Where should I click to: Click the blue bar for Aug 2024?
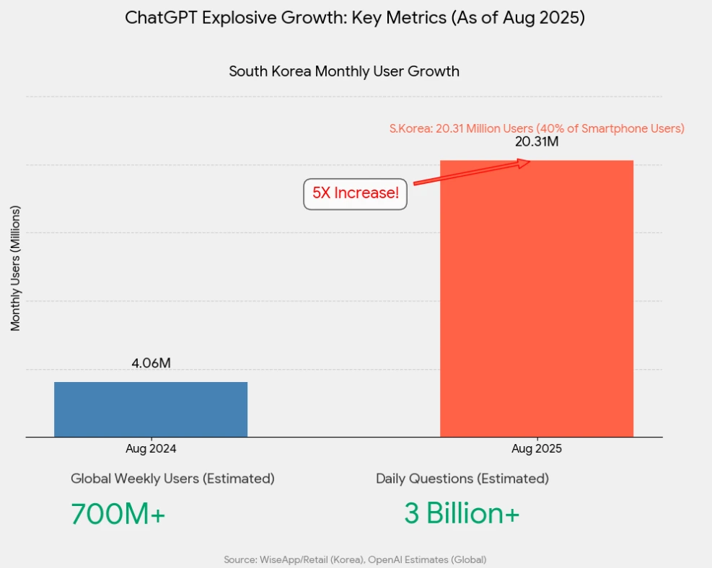pos(151,409)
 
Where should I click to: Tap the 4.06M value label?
pos(151,363)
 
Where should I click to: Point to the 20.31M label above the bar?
pos(537,142)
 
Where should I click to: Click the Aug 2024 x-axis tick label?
pos(151,448)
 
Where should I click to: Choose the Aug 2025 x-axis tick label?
pos(537,448)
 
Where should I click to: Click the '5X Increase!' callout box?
pos(355,194)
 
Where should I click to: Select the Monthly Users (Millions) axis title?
pos(16,268)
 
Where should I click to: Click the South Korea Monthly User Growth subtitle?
pos(344,71)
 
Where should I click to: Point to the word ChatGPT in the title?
pos(161,18)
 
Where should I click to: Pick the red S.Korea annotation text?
pos(537,129)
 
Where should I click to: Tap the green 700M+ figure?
pos(118,513)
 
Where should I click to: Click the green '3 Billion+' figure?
pos(462,513)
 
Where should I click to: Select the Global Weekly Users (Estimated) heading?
pos(172,479)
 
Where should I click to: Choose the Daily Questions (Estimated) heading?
pos(462,479)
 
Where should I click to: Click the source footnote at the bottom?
pos(355,559)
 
